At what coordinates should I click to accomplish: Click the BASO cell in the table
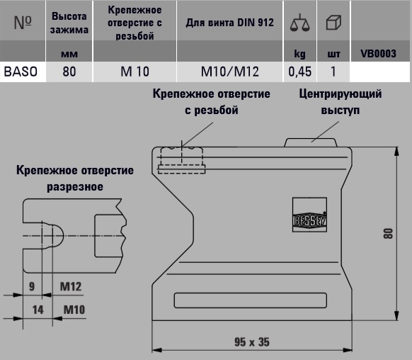[x=21, y=72]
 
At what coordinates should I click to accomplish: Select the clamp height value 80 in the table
[x=69, y=72]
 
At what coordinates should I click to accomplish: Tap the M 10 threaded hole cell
[x=135, y=72]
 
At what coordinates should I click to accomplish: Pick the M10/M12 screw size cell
[x=230, y=72]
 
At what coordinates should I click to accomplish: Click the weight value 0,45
[x=300, y=72]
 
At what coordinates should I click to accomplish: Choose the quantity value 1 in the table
[x=333, y=72]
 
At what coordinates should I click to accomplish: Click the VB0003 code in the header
[x=378, y=54]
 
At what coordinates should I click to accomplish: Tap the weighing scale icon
[x=300, y=23]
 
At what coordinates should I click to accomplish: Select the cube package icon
[x=333, y=23]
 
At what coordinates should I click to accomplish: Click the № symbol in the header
[x=23, y=23]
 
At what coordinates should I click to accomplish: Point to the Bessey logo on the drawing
[x=310, y=215]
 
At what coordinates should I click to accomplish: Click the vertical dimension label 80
[x=389, y=234]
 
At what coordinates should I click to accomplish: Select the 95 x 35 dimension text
[x=252, y=342]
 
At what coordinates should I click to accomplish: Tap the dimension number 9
[x=32, y=286]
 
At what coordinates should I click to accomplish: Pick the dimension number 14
[x=38, y=310]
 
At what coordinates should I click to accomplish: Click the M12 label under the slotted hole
[x=71, y=286]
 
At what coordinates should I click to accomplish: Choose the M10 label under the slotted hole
[x=74, y=310]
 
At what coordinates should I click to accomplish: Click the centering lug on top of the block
[x=311, y=142]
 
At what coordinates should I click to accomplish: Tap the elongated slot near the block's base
[x=251, y=300]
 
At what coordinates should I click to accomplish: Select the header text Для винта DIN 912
[x=230, y=23]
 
